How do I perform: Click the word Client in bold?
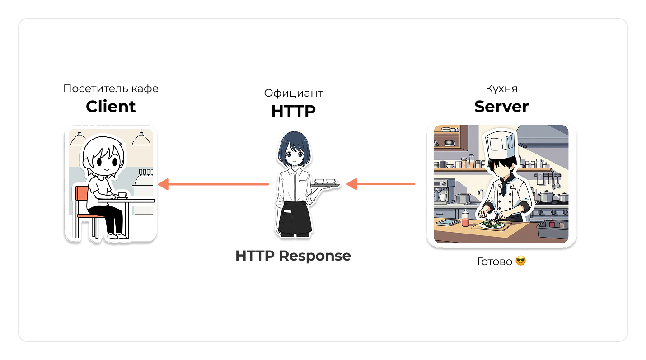(x=111, y=107)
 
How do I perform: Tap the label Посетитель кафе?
(x=111, y=89)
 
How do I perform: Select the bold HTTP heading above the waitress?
(x=293, y=111)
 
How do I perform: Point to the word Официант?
(x=293, y=93)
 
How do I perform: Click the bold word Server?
(x=501, y=107)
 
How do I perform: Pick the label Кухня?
(x=501, y=89)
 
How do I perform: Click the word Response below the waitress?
(x=314, y=256)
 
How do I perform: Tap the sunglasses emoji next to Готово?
(x=520, y=261)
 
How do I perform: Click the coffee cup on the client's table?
(x=122, y=195)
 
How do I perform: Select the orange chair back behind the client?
(x=82, y=194)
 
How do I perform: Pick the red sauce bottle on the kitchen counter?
(x=465, y=219)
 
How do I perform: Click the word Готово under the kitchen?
(x=495, y=262)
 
